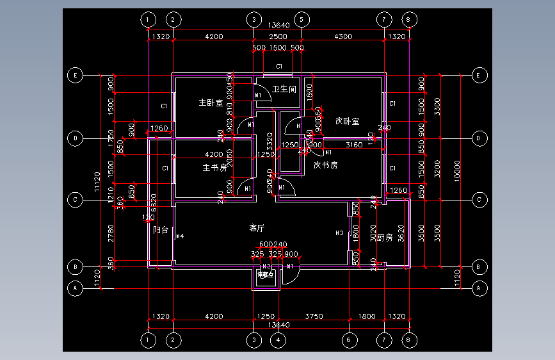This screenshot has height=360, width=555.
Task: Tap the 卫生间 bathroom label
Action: pyautogui.click(x=283, y=89)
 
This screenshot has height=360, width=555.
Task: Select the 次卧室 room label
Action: pyautogui.click(x=346, y=120)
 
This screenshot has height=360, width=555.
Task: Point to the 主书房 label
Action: pyautogui.click(x=214, y=168)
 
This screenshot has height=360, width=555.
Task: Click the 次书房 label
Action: pyautogui.click(x=325, y=165)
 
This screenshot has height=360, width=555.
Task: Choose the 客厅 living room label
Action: pyautogui.click(x=257, y=227)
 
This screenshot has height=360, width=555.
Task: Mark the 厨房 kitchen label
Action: pyautogui.click(x=384, y=238)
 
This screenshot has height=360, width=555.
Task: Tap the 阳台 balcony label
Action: pyautogui.click(x=161, y=230)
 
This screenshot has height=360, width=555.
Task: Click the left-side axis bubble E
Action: pyautogui.click(x=76, y=76)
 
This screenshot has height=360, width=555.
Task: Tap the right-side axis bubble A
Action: pyautogui.click(x=478, y=289)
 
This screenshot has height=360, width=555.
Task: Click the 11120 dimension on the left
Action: pyautogui.click(x=97, y=182)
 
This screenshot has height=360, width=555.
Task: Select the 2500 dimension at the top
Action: pyautogui.click(x=277, y=37)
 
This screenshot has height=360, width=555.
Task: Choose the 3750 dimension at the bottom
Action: pyautogui.click(x=314, y=316)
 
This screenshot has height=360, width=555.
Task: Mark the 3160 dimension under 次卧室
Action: pyautogui.click(x=354, y=145)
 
